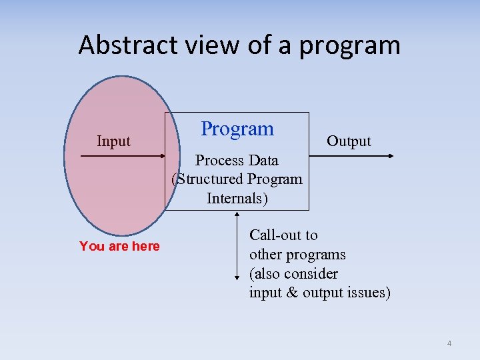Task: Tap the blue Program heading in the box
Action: [237, 129]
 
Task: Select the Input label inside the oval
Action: [113, 141]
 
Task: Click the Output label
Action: [349, 141]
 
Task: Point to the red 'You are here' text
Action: [119, 246]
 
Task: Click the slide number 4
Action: [449, 343]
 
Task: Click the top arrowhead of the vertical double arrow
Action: [237, 215]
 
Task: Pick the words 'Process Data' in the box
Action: [237, 160]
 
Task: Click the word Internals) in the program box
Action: [237, 198]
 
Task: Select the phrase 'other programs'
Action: [297, 254]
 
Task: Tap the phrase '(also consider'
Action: [293, 273]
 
